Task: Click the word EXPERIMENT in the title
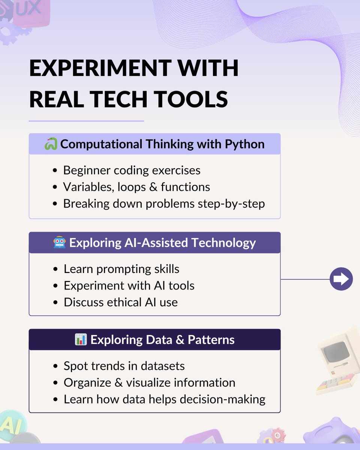coord(100,68)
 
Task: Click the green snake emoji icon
coord(51,144)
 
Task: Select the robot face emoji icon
coord(59,242)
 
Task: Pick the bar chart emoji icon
coord(81,339)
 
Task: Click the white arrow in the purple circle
coord(341,279)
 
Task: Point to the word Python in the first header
coord(245,144)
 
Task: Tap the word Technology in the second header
coord(223,243)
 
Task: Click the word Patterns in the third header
coord(211,339)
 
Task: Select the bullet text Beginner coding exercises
coord(132,170)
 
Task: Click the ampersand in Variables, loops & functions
coord(153,187)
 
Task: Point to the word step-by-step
coord(231,204)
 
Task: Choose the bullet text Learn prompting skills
coord(121,269)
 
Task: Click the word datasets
coord(163,366)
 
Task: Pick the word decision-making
coord(223,399)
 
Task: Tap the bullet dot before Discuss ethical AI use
coord(55,303)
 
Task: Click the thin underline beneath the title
coord(86,121)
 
